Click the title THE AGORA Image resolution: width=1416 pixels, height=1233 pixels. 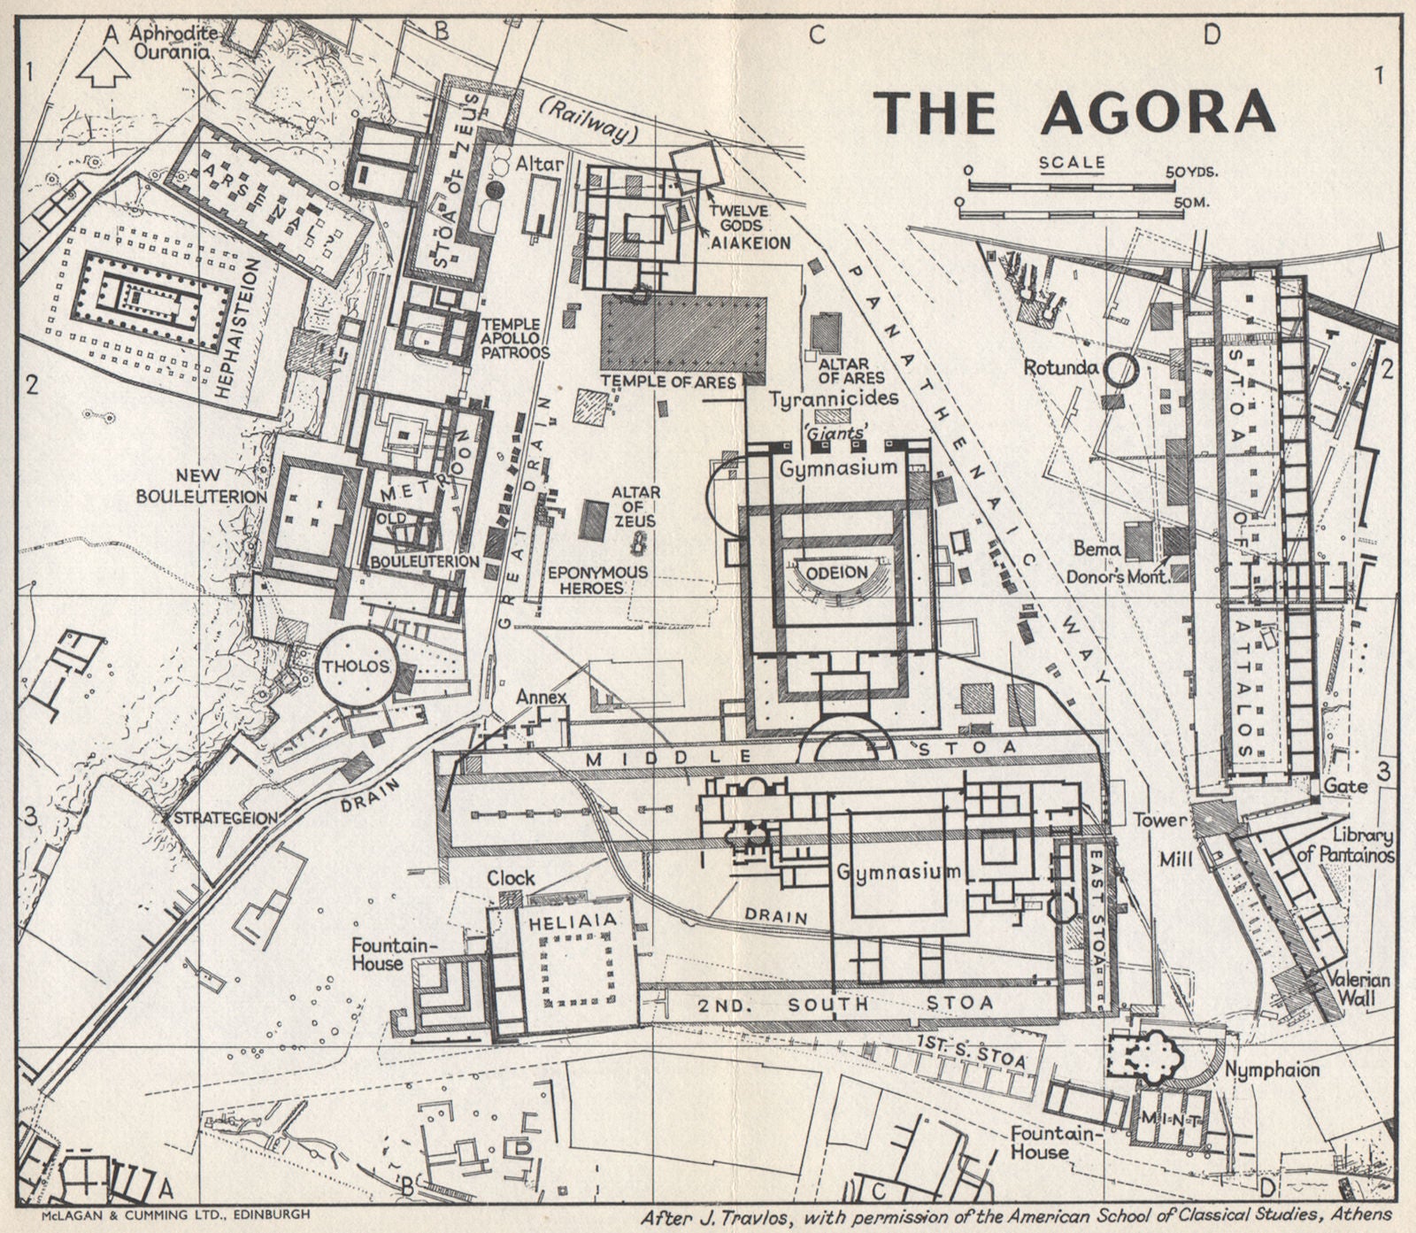pos(1074,113)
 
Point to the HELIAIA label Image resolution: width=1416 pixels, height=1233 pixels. pos(573,921)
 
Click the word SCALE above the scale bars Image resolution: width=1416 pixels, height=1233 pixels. pos(1072,162)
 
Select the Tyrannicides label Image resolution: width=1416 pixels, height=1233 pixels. pos(834,398)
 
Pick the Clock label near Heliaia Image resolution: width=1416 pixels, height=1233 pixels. pos(511,878)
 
